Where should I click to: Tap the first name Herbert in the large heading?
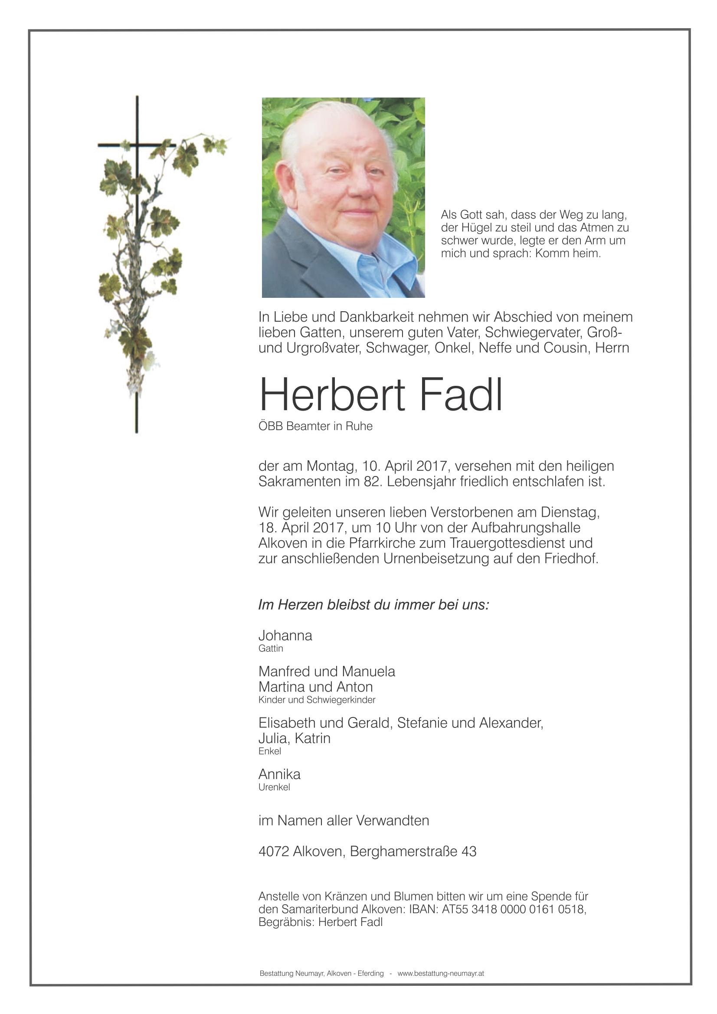click(332, 395)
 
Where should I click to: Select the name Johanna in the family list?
click(285, 636)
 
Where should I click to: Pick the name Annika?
click(279, 774)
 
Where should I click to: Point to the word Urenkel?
click(274, 787)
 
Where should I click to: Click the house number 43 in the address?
click(469, 851)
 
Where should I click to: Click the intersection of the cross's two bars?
click(137, 145)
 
